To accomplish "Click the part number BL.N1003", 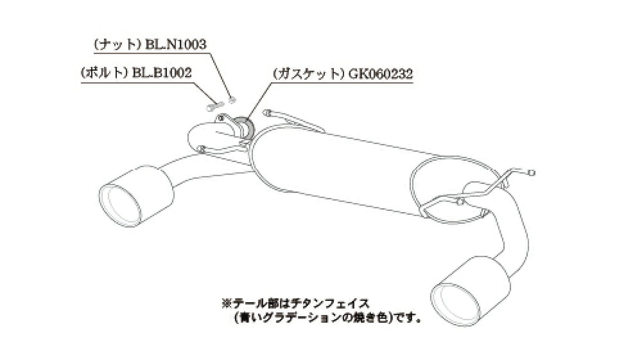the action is [x=176, y=44].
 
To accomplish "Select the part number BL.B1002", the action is [x=162, y=73].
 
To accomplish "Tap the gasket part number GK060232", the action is [x=381, y=74].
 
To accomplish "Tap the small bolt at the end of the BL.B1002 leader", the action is [x=214, y=106].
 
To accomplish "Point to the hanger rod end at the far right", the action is [x=532, y=173].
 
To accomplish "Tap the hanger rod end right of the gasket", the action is [x=266, y=112].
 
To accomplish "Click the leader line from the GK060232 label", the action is [x=259, y=100].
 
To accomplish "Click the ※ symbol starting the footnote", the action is [x=227, y=304].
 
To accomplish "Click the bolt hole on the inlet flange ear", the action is [x=220, y=118].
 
